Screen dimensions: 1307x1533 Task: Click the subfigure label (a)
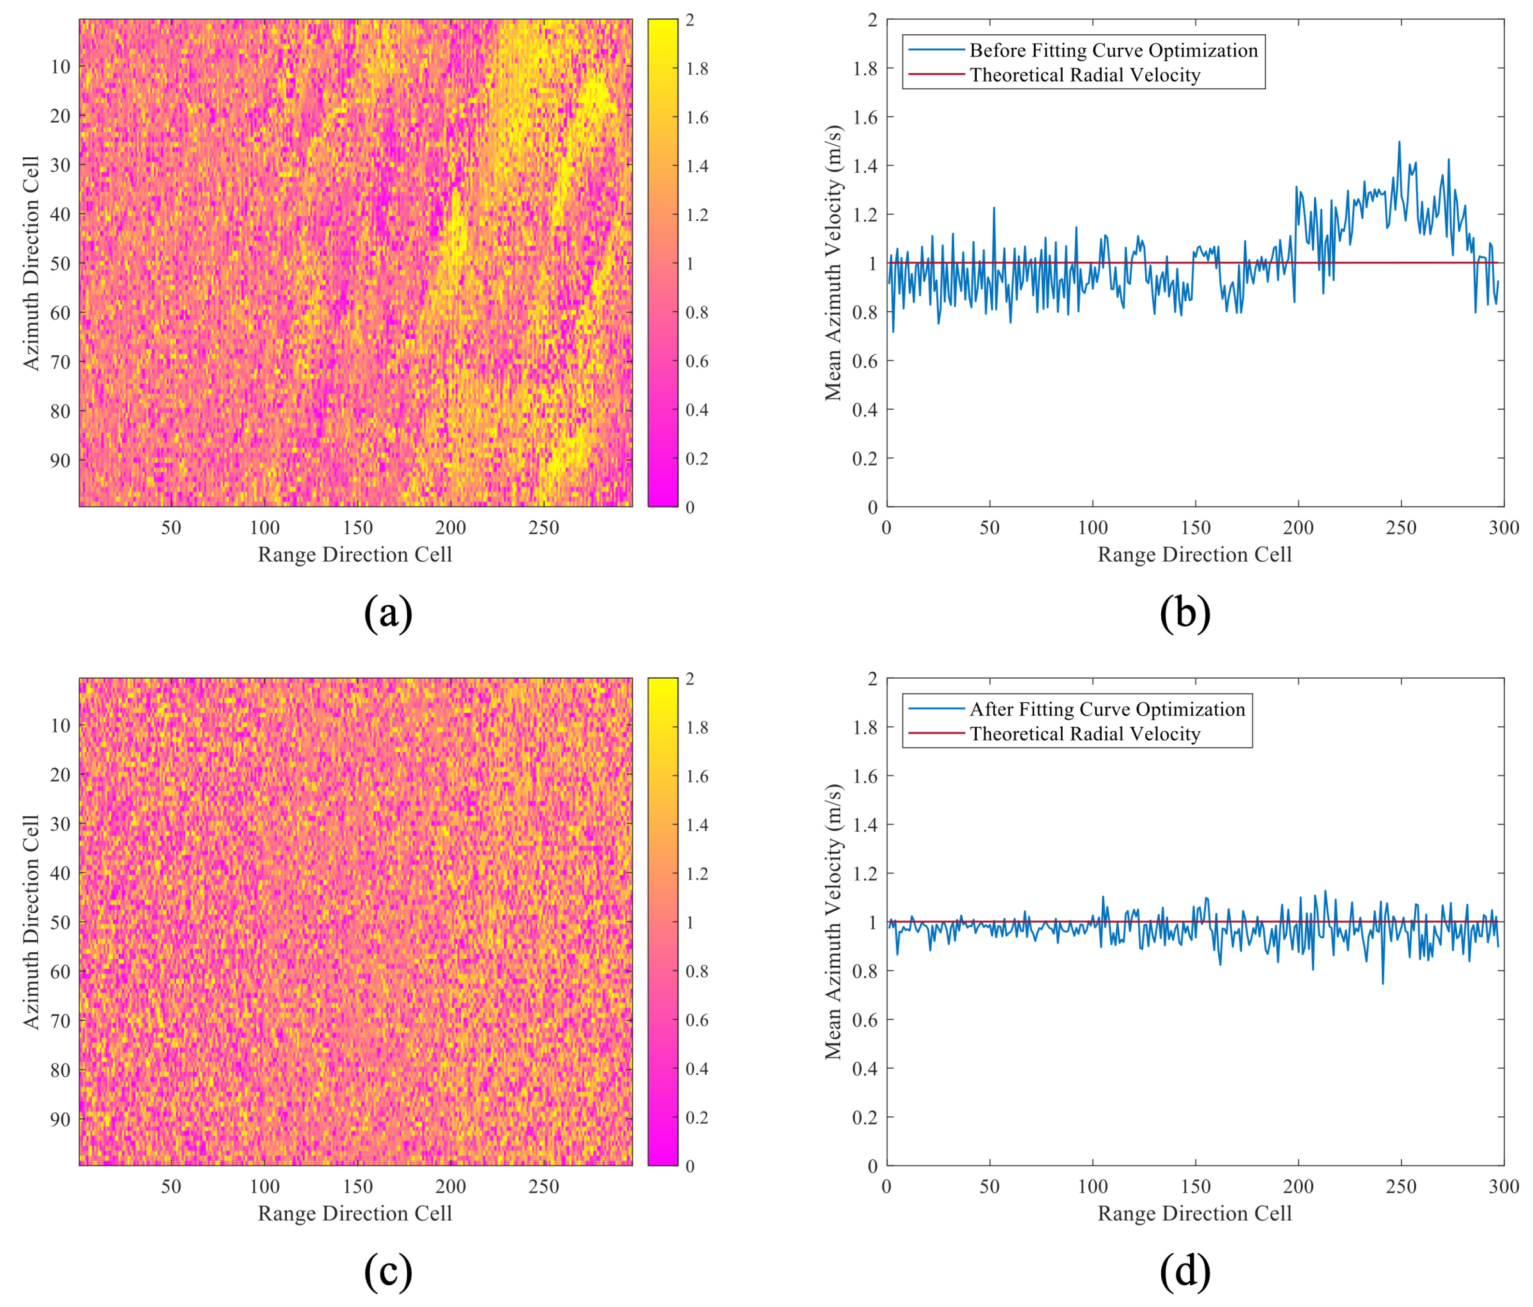388,612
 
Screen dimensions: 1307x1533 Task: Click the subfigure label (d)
1184,1271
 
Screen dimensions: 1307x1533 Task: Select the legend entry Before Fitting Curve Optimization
1113,50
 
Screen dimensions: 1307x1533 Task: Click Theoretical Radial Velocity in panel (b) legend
1084,75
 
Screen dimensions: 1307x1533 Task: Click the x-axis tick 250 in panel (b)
1401,528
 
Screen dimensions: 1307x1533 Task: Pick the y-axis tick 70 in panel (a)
60,362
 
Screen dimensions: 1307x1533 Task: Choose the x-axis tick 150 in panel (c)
357,1186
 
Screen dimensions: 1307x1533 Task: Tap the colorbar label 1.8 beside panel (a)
697,69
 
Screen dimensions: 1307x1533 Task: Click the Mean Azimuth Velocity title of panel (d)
834,922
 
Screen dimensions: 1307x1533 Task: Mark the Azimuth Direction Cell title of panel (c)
31,922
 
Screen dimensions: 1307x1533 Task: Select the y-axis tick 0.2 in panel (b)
864,459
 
